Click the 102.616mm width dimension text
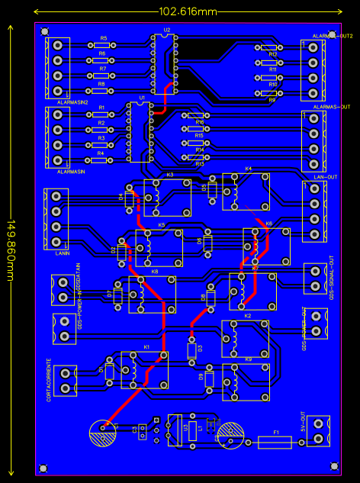187,12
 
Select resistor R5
102,46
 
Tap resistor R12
272,47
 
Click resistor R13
199,157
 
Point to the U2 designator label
166,31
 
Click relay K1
145,370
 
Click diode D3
191,350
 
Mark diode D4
129,201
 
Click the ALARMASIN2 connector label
73,101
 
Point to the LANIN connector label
64,253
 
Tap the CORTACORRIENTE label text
49,381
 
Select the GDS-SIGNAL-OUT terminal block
314,278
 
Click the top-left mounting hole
44,31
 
